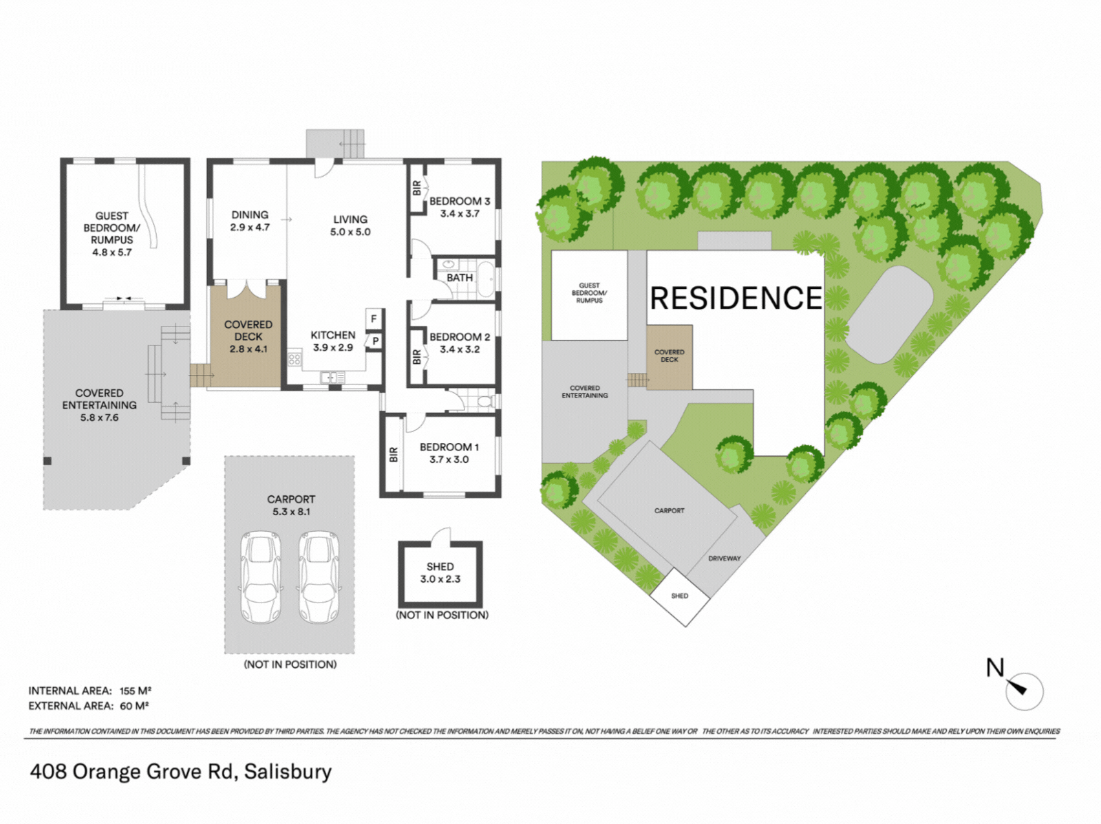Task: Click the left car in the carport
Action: pyautogui.click(x=261, y=577)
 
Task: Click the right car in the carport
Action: pyautogui.click(x=319, y=577)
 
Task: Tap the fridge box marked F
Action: pyautogui.click(x=374, y=318)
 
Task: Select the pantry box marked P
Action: pyautogui.click(x=375, y=341)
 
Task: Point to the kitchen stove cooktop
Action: pyautogui.click(x=295, y=359)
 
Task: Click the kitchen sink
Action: pyautogui.click(x=332, y=377)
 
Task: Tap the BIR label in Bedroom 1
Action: pyautogui.click(x=394, y=455)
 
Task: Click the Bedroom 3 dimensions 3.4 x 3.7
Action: pyautogui.click(x=460, y=213)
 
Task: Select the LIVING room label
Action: pyautogui.click(x=350, y=219)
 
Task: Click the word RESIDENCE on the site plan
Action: pyautogui.click(x=736, y=298)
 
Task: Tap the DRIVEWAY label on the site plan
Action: pyautogui.click(x=725, y=559)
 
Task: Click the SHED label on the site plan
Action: pyautogui.click(x=680, y=596)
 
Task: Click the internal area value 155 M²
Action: pyautogui.click(x=136, y=691)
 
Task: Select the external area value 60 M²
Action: pyautogui.click(x=134, y=706)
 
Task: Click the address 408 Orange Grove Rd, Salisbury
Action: pyautogui.click(x=181, y=771)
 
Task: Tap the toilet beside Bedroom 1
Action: pyautogui.click(x=486, y=401)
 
